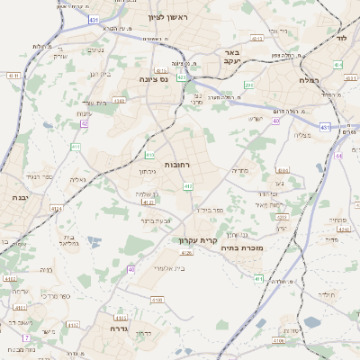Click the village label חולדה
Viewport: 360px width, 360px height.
pyautogui.click(x=326, y=294)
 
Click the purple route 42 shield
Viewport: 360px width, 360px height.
pyautogui.click(x=84, y=123)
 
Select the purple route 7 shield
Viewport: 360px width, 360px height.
pyautogui.click(x=26, y=337)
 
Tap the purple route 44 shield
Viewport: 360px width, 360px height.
pyautogui.click(x=339, y=155)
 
